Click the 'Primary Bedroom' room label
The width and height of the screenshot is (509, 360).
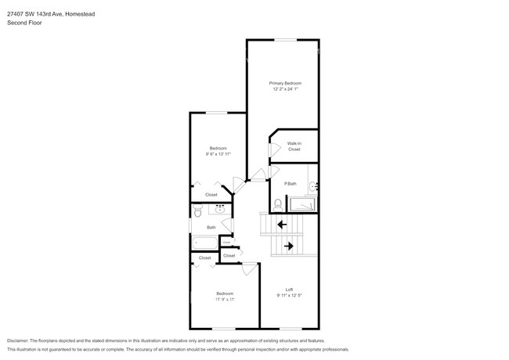coord(285,83)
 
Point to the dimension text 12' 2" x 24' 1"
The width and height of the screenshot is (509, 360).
coord(285,89)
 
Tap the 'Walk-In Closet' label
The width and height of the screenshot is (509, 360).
coord(294,146)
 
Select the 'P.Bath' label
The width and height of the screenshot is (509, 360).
coord(291,183)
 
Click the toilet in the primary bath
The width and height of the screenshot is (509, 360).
coord(278,203)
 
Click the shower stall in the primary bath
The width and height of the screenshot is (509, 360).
coord(304,204)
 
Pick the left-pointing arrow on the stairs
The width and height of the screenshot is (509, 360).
coord(281,225)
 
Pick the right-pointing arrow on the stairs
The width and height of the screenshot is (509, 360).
coord(288,246)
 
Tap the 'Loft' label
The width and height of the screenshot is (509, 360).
coord(289,289)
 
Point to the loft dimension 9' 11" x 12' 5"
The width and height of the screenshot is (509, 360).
coord(289,295)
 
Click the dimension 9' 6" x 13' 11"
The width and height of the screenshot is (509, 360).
coord(218,154)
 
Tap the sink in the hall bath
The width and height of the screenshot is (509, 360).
coord(220,210)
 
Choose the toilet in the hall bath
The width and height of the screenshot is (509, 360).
coord(199,211)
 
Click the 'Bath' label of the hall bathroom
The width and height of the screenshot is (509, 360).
coord(211,228)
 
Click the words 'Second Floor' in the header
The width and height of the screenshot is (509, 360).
coord(24,23)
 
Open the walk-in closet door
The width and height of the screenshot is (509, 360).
coord(271,146)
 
